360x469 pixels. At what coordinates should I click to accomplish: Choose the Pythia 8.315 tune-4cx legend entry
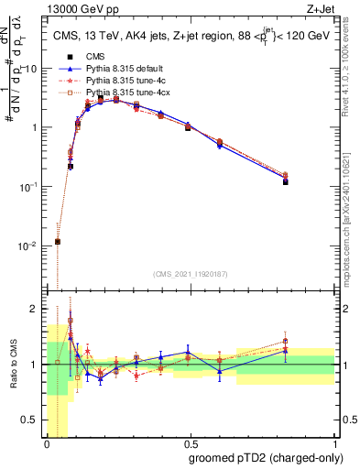pos(126,93)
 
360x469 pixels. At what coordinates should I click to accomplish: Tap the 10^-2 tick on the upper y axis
pos(30,245)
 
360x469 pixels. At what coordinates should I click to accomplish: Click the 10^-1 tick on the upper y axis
pos(30,186)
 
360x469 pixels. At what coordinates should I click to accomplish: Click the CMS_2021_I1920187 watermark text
pos(190,274)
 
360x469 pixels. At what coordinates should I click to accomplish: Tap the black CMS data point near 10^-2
pos(58,242)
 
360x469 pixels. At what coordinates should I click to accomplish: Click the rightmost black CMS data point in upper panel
pos(286,182)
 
